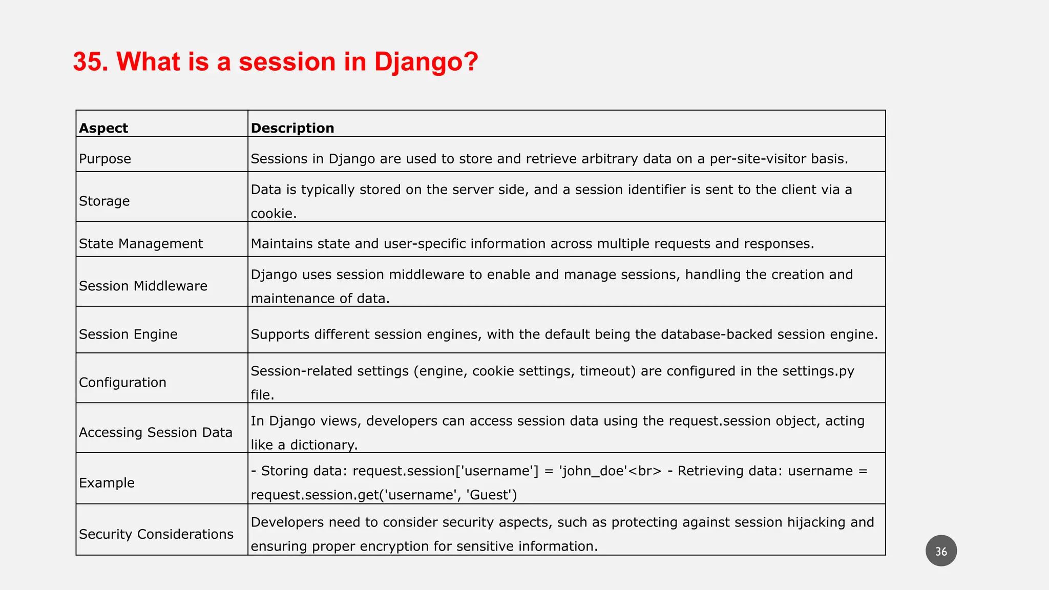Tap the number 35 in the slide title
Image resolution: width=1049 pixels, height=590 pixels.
click(90, 62)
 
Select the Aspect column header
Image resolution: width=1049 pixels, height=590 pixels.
click(103, 128)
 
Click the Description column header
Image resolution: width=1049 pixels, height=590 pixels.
click(292, 128)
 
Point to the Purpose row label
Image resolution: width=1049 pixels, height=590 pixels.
click(105, 159)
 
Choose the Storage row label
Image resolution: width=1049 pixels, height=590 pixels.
click(104, 201)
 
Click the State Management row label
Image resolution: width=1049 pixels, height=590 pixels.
click(141, 244)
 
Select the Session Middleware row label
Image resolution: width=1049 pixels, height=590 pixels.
click(143, 286)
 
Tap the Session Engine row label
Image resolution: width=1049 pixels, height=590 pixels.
click(128, 334)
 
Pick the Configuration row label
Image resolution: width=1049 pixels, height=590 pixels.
click(122, 383)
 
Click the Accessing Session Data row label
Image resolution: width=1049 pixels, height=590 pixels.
click(156, 433)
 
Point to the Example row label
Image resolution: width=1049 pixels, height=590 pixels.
click(107, 483)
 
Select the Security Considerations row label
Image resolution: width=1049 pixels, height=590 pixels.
click(156, 534)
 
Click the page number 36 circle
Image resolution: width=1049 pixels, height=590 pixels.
click(941, 551)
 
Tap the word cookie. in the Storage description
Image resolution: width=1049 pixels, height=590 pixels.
click(274, 214)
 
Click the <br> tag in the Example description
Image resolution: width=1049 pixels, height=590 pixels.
click(644, 471)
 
